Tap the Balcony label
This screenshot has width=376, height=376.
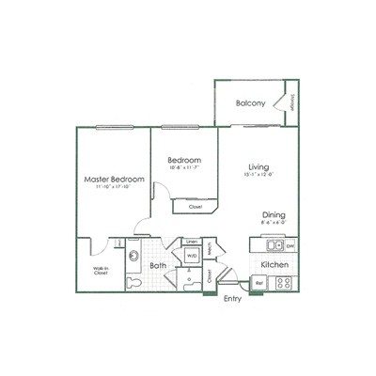tap(250, 102)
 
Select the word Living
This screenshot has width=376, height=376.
tap(247, 167)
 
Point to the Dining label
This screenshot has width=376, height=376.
tap(274, 213)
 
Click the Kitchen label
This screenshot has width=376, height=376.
tap(274, 266)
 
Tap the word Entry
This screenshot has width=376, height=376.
tap(231, 300)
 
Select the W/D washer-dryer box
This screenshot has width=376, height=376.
tap(191, 255)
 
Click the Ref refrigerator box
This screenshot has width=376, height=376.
tap(259, 282)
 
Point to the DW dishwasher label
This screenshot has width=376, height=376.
tap(290, 246)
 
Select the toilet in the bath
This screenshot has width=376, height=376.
tap(133, 283)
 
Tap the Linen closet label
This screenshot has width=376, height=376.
tap(191, 242)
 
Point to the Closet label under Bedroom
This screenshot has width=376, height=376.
tap(195, 207)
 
